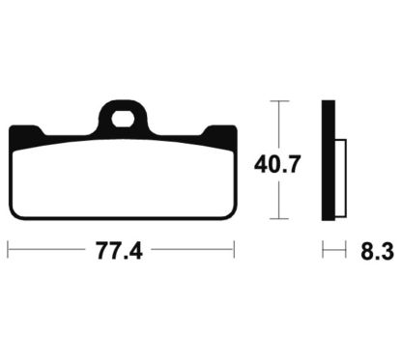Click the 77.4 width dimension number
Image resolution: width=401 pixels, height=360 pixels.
119,251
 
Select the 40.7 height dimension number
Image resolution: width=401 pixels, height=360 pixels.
277,164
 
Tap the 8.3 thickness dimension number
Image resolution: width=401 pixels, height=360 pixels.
377,251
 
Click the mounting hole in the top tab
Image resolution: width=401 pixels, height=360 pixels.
123,119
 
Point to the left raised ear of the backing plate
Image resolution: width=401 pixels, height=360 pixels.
27,134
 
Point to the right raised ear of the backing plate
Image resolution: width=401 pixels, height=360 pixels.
219,134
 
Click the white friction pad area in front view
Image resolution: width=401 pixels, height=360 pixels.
123,179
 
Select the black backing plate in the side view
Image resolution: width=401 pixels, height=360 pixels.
329,160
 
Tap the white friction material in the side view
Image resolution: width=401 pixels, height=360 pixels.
341,179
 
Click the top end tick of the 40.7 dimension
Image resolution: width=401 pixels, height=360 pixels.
279,101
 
